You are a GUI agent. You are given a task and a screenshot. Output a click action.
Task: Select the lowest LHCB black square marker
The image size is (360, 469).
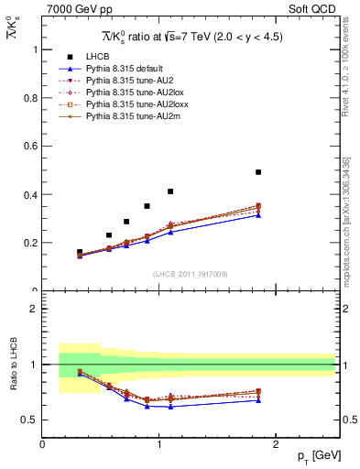[80, 252]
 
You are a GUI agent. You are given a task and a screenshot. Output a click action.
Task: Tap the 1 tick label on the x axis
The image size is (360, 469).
[159, 443]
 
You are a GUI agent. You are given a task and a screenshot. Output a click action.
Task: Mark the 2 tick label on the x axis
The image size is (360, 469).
[277, 443]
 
